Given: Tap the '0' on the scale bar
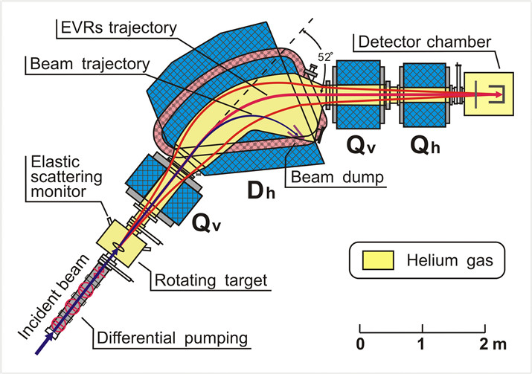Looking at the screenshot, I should click(361, 344).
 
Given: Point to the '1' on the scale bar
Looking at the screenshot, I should click(423, 344).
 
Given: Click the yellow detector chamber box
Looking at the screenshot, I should click(488, 94).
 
